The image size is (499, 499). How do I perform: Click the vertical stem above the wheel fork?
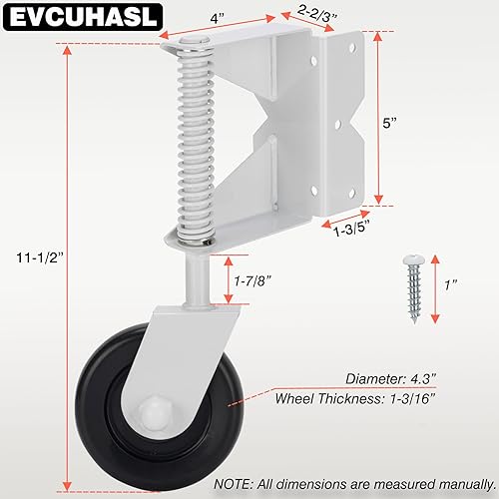coord(196,274)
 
